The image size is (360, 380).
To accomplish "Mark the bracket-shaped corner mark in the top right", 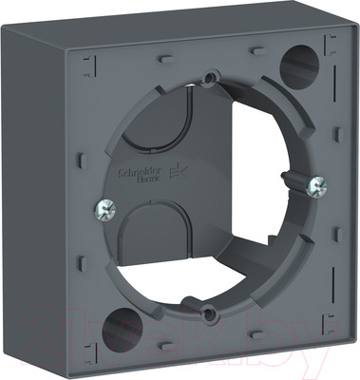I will point(332,42).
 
